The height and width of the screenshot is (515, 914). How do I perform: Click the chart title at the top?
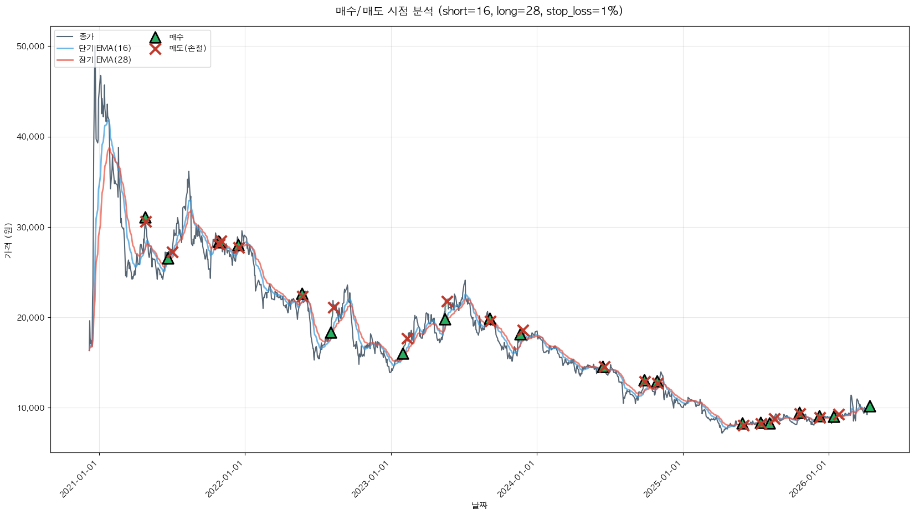coord(479,11)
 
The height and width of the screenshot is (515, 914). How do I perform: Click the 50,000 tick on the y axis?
coord(31,47)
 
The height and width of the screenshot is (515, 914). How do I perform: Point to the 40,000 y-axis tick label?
coord(31,137)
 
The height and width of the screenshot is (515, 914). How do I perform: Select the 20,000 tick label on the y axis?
coord(31,318)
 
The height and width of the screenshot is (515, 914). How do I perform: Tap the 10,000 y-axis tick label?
coord(31,408)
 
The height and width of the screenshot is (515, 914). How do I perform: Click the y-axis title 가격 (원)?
coord(8,241)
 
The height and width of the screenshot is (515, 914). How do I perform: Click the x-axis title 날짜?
coord(479,505)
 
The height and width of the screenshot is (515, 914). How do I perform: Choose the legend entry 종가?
coord(86,37)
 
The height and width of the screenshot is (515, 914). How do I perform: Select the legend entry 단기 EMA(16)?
coord(105,48)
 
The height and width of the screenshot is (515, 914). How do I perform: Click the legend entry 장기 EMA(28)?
coord(105,60)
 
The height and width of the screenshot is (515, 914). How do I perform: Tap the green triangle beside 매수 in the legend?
coord(155,37)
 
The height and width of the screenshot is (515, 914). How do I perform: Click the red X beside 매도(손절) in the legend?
coord(155,49)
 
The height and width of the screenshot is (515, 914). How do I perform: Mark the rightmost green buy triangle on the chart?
coord(870,406)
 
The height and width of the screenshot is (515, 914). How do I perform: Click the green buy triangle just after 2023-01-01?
coord(403,354)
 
